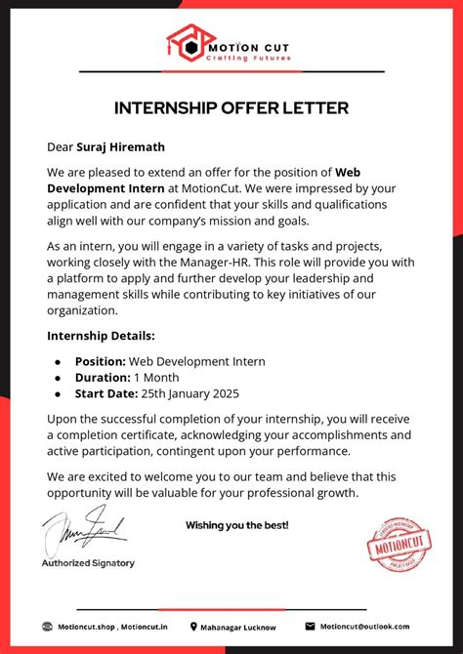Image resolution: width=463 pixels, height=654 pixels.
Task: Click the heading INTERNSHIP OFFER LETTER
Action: (x=231, y=106)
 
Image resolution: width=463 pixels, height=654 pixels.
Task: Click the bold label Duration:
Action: (x=103, y=378)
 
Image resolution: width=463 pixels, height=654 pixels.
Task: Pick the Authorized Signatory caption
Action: (x=88, y=563)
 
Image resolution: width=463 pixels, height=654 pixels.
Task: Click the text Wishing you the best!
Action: (x=237, y=525)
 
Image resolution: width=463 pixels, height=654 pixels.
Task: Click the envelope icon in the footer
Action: (x=310, y=627)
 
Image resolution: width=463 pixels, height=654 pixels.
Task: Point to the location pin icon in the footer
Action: (x=192, y=627)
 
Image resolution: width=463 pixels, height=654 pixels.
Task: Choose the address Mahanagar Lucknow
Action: (x=238, y=627)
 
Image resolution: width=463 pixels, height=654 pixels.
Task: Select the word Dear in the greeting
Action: (x=61, y=146)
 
